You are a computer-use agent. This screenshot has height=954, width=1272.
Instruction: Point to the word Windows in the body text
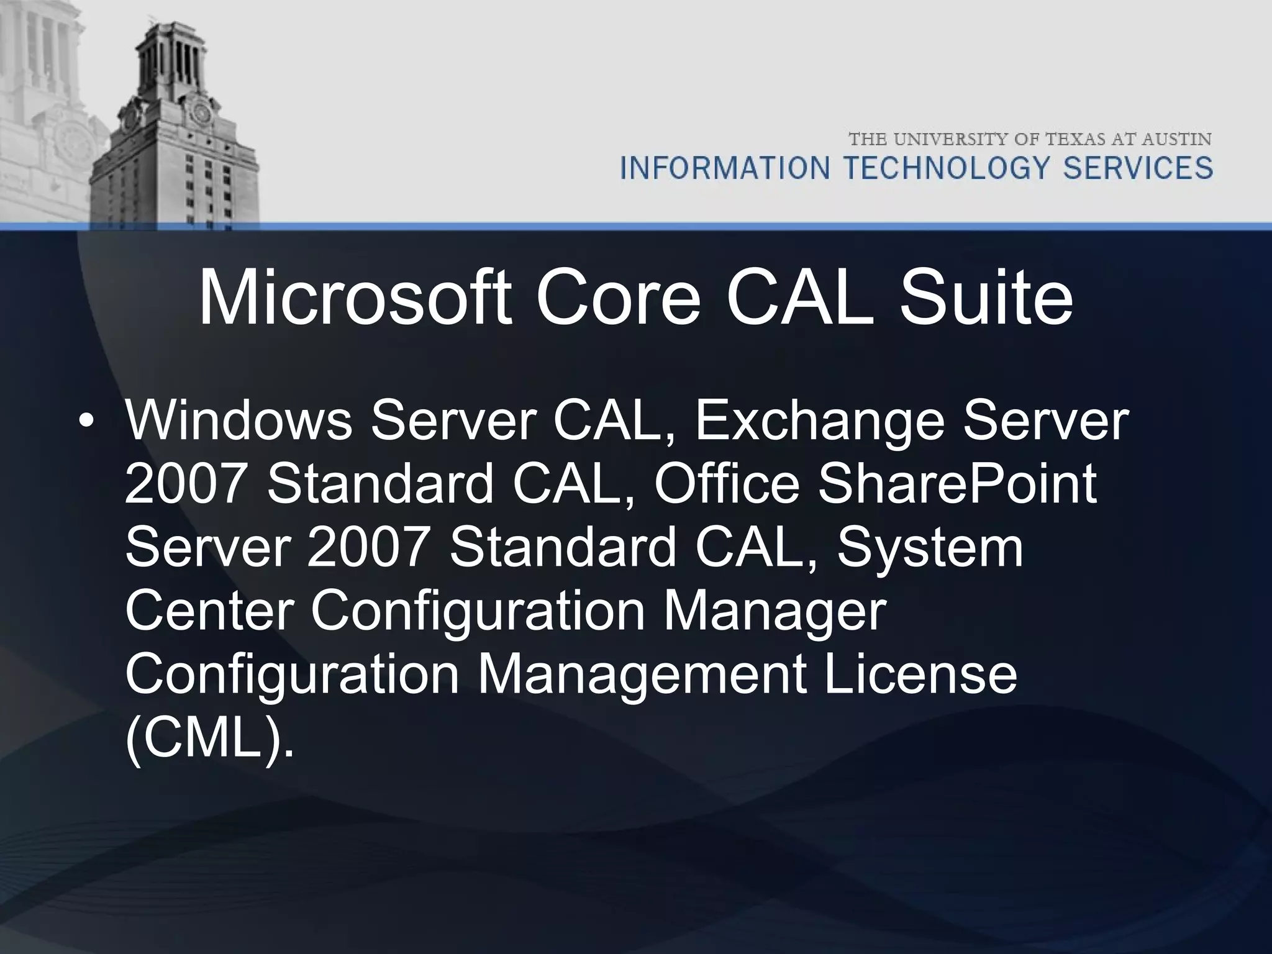(x=238, y=422)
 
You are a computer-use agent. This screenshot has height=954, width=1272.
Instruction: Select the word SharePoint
(x=956, y=485)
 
